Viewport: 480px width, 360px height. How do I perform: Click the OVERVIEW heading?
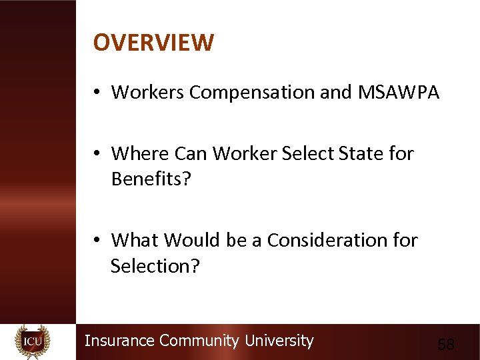coord(153,43)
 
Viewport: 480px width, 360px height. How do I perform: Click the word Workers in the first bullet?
coord(148,93)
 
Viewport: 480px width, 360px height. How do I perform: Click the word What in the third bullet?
coord(135,240)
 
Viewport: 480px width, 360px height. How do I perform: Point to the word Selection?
coord(155,266)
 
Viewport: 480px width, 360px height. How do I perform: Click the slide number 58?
coord(445,345)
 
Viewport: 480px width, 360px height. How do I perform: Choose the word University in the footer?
coord(279,341)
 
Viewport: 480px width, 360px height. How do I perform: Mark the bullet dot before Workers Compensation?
coord(97,93)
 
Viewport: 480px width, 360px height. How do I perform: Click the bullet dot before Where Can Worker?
coord(97,155)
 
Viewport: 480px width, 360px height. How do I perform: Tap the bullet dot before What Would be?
coord(97,241)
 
